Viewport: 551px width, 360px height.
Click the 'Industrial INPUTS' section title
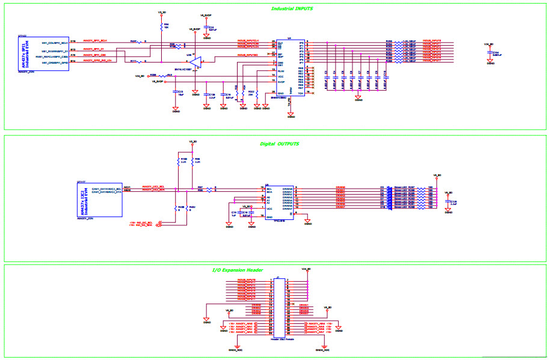coord(292,9)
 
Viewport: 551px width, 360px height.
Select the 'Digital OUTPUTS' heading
coord(279,144)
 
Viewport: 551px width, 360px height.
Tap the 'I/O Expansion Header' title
coord(238,270)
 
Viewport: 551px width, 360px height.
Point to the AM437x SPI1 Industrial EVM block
coord(43,53)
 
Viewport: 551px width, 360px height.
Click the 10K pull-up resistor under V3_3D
coord(162,27)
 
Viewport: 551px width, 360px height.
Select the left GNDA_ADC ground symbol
coord(236,347)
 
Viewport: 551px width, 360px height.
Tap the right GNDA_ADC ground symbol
coord(322,347)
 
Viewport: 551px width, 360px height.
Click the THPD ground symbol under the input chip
coord(291,114)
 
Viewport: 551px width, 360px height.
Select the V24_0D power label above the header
coord(306,269)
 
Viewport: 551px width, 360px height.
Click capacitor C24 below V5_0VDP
coord(207,28)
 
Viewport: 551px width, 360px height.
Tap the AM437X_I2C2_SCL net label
coord(153,187)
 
